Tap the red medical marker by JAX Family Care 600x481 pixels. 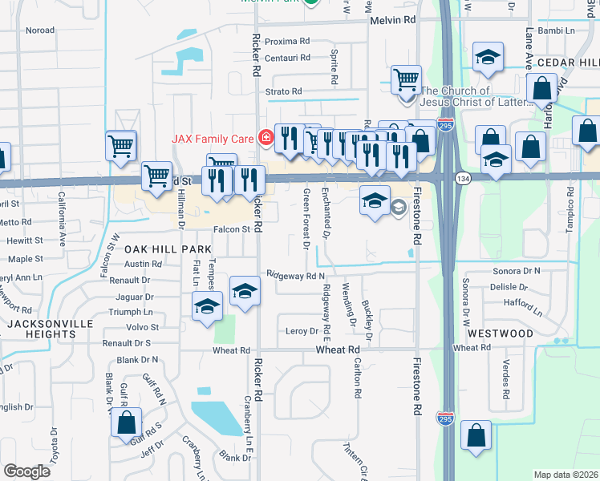[266, 139]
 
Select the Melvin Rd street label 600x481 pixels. [392, 19]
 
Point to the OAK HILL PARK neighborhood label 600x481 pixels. [168, 250]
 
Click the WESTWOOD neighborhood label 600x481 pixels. [501, 333]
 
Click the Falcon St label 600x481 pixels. [234, 229]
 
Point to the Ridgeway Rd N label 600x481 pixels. [295, 275]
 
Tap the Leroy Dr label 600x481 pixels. [302, 331]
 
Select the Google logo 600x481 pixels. [26, 471]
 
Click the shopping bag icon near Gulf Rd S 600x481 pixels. [126, 423]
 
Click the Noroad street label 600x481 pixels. [40, 30]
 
